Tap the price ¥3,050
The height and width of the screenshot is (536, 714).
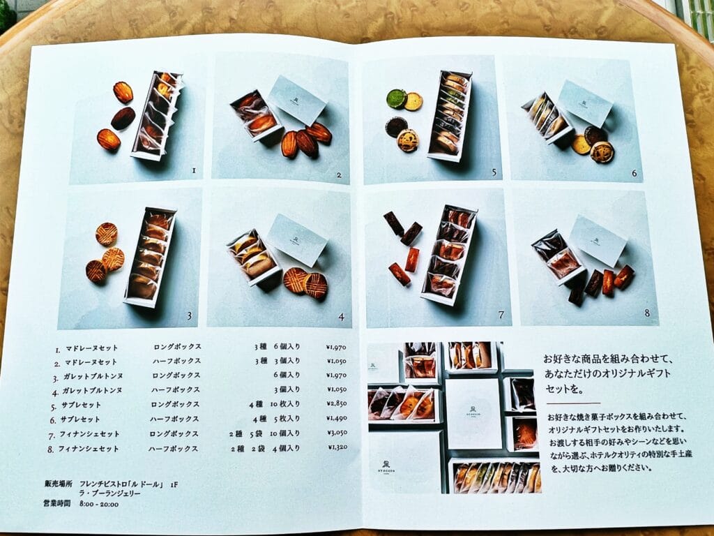337,433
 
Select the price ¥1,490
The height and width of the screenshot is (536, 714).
337,419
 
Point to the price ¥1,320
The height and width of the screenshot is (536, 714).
337,449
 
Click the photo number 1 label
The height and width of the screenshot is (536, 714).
195,170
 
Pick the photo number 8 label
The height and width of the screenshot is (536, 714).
647,313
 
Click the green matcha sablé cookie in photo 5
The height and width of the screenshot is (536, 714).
397,98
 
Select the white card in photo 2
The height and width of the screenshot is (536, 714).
297,99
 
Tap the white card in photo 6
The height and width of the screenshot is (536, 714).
585,103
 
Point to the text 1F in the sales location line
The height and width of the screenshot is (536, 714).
174,483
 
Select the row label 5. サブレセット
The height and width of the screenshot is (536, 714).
75,405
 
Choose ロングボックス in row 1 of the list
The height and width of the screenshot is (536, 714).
177,347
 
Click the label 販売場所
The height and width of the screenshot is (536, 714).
55,483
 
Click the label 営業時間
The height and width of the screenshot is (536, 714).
55,504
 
